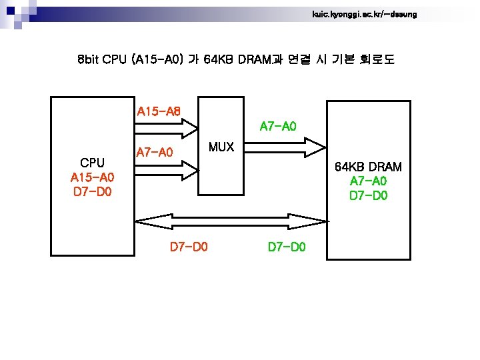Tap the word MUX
tap(221, 147)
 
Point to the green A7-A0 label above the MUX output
tap(278, 125)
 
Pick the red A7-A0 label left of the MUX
tap(155, 153)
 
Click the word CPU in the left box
tap(92, 162)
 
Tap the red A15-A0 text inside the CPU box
tap(92, 177)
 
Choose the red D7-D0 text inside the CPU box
tap(92, 193)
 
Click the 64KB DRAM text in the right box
tap(368, 166)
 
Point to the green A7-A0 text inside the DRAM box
tap(368, 181)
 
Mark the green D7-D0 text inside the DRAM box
tap(368, 196)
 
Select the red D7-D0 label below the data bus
tap(189, 247)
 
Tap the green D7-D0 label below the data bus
tap(287, 247)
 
